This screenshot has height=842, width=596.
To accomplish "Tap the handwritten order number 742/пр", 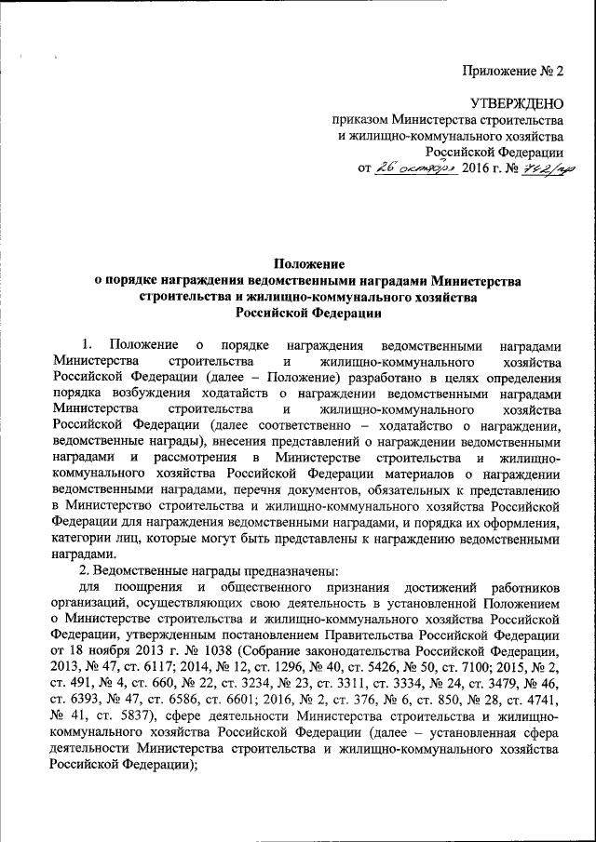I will coord(538,167).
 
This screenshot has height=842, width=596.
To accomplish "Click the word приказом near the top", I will coord(361,120).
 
